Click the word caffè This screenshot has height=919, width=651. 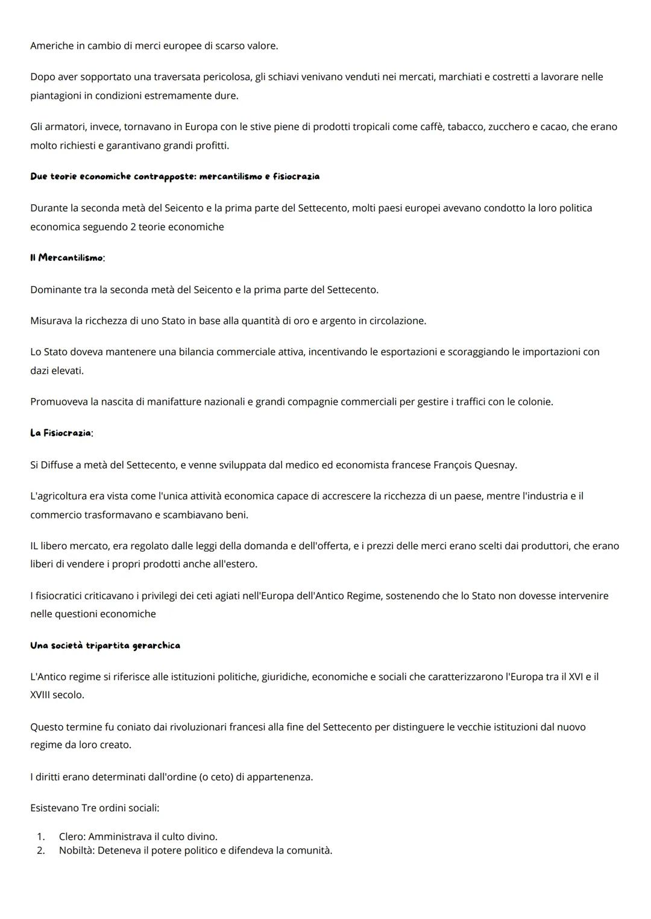[422, 127]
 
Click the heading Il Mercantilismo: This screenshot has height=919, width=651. [68, 258]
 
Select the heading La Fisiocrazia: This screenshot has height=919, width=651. [61, 433]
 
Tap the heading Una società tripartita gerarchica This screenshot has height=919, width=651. [105, 646]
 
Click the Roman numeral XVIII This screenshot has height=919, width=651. [40, 695]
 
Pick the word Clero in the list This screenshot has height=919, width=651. [72, 836]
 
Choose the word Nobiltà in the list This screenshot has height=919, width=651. [77, 850]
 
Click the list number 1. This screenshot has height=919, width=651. [40, 836]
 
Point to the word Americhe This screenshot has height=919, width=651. [51, 46]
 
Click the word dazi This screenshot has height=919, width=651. [40, 371]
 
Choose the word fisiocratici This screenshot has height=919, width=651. [63, 596]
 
